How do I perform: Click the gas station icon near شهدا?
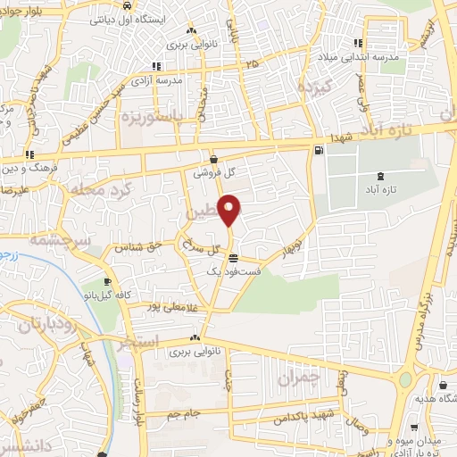319,151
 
